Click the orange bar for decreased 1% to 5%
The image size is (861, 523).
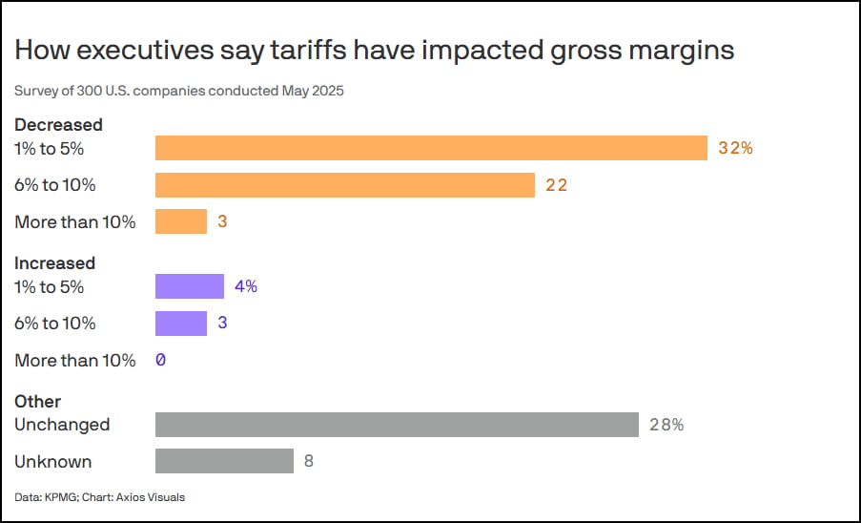click(x=431, y=148)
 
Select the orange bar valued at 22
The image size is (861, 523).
click(x=344, y=185)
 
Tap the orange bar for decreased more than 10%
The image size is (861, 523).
click(x=181, y=221)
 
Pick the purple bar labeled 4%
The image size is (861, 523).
click(x=190, y=286)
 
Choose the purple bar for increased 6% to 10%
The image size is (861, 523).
click(x=181, y=324)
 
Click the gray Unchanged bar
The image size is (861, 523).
click(x=397, y=425)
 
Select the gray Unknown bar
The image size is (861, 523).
click(x=224, y=461)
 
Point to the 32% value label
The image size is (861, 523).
click(x=735, y=148)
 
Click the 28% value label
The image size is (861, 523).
click(x=666, y=425)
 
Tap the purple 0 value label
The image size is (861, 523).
click(x=161, y=360)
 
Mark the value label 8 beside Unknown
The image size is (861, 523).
click(x=309, y=461)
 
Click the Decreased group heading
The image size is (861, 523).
click(x=58, y=125)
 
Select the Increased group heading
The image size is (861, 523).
click(x=54, y=262)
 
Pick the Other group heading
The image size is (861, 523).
click(x=37, y=402)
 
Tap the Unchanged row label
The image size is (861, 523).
click(x=62, y=425)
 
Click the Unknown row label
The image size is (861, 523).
click(x=53, y=461)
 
